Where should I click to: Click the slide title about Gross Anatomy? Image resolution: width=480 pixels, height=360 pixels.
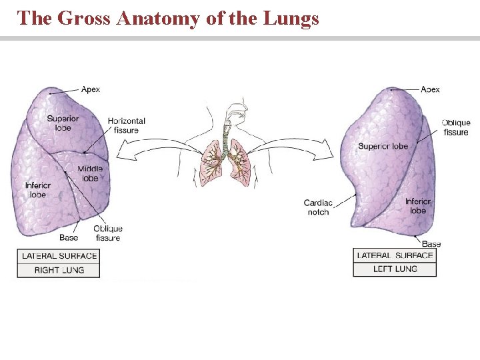click(169, 18)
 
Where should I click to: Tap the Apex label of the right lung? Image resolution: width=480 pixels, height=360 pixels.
click(91, 89)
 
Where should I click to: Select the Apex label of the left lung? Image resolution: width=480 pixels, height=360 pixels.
click(430, 89)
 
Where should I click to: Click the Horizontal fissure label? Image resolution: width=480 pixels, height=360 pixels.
click(127, 125)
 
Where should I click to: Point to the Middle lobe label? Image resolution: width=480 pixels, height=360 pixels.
click(90, 173)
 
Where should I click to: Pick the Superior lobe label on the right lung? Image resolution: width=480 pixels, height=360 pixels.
click(63, 123)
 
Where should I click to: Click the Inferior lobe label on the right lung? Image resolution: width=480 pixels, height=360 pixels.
click(38, 189)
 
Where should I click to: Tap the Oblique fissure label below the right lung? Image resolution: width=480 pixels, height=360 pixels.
click(108, 233)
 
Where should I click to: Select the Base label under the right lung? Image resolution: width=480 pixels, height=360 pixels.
click(69, 237)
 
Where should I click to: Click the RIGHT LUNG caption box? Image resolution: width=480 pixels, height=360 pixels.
click(59, 270)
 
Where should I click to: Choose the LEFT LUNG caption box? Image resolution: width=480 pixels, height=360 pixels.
click(395, 269)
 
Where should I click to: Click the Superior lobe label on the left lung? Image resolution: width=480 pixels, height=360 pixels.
click(383, 147)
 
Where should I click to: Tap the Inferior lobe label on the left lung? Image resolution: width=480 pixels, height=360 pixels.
click(418, 206)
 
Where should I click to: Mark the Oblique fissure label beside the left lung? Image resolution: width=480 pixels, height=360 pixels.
click(456, 127)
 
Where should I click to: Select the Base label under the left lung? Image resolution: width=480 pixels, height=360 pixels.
click(431, 244)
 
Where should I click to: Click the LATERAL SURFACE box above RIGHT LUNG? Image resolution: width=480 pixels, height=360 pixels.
click(59, 256)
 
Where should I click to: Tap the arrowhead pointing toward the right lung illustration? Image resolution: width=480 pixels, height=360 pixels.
click(121, 156)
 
